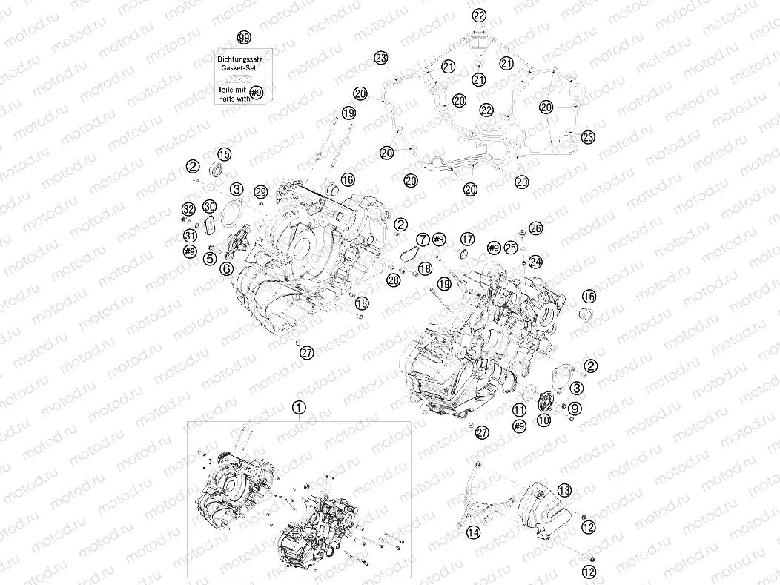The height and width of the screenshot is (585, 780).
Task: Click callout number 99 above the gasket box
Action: [x=243, y=38]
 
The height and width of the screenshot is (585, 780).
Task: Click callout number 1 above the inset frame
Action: [x=299, y=407]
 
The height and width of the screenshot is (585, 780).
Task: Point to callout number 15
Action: [x=223, y=154]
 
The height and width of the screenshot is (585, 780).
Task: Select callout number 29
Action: [x=260, y=192]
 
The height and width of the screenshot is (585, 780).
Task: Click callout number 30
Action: [x=210, y=206]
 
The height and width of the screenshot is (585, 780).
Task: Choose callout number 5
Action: [x=211, y=258]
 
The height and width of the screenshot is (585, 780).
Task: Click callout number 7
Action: [x=422, y=239]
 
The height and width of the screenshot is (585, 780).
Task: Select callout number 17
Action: [x=466, y=239]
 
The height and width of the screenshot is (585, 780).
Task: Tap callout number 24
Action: [x=535, y=262]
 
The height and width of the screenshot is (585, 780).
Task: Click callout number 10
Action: [x=544, y=420]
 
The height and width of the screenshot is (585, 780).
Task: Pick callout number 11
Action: [x=520, y=410]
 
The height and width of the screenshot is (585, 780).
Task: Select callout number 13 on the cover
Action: [x=565, y=490]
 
